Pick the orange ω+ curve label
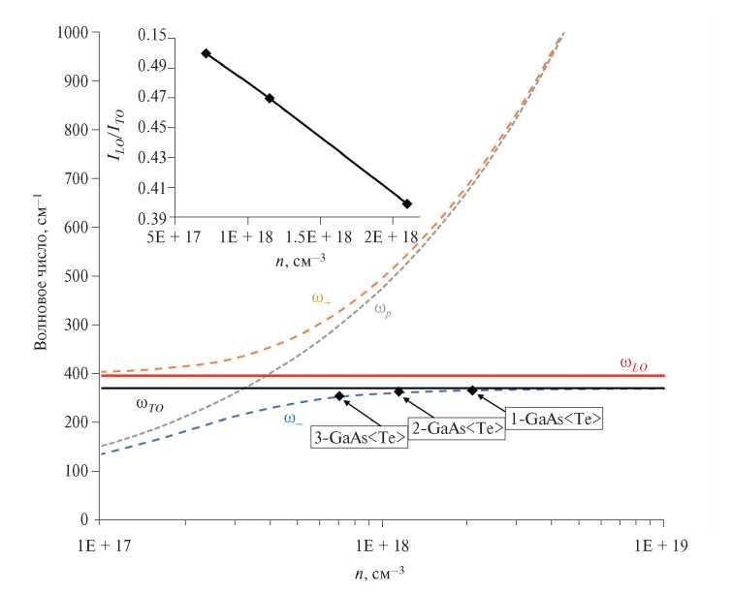click(x=321, y=298)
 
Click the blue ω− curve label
click(x=292, y=419)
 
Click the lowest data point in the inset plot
click(x=407, y=203)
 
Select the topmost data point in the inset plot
click(x=206, y=53)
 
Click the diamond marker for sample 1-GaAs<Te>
click(x=472, y=390)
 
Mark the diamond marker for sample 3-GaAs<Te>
click(x=339, y=395)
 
